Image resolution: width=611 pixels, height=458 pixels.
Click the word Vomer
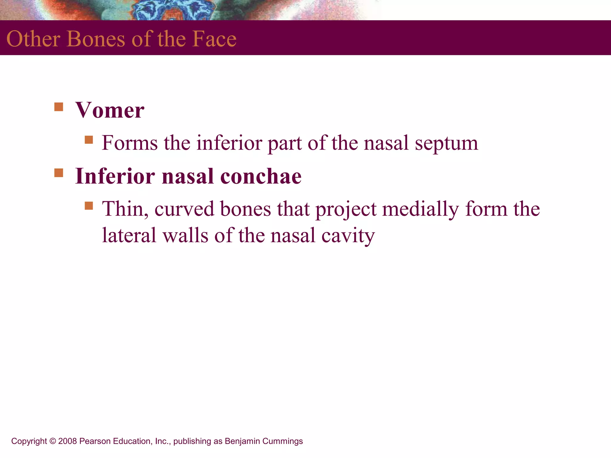pos(109,110)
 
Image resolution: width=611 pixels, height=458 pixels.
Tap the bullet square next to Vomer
pos(59,107)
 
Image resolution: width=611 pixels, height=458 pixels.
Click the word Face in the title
pos(214,39)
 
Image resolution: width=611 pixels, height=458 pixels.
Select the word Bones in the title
pos(96,39)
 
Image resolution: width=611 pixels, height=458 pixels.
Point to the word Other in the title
pos(33,39)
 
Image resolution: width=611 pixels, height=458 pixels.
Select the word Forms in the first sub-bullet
pos(129,143)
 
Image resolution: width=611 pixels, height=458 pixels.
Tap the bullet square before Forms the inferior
pos(89,140)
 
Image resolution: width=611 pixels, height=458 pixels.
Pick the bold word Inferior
pos(115,176)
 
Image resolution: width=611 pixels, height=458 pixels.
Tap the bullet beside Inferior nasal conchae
pos(59,173)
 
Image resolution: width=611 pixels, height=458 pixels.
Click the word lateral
pos(129,235)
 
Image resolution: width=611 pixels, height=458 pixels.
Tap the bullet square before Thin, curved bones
pos(89,206)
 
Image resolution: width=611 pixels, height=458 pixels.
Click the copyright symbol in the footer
pos(53,441)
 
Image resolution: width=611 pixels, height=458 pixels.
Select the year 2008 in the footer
pos(67,441)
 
